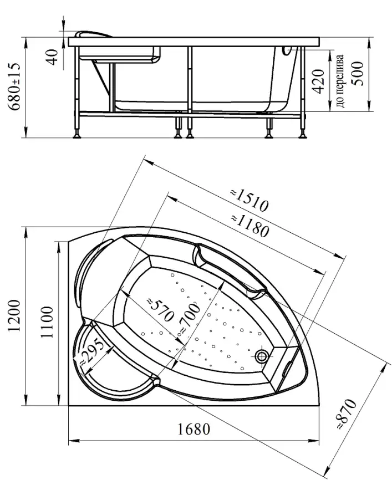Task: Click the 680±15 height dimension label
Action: (14, 86)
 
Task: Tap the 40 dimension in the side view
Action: (53, 57)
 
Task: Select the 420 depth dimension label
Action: (318, 81)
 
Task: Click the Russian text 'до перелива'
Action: (340, 81)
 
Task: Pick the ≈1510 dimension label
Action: (250, 201)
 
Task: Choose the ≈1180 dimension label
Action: (250, 226)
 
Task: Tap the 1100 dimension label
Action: (47, 321)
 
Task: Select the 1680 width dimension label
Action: (194, 429)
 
